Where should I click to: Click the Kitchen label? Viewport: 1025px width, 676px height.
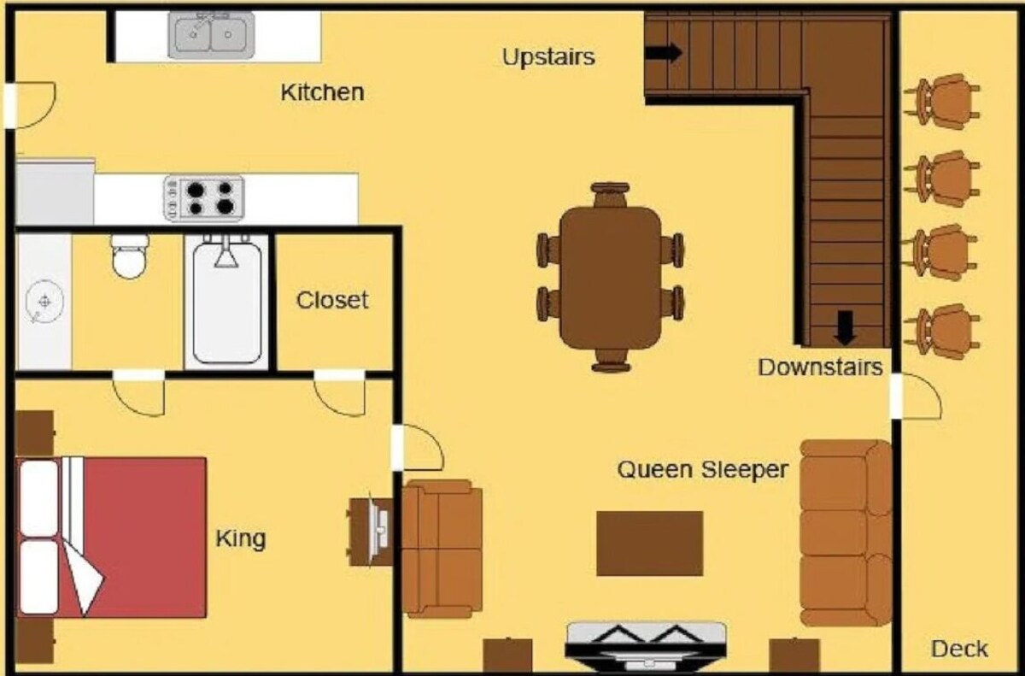pyautogui.click(x=323, y=92)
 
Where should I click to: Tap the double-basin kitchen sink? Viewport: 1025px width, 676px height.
pyautogui.click(x=212, y=35)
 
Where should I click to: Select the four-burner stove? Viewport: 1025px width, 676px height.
pyautogui.click(x=204, y=198)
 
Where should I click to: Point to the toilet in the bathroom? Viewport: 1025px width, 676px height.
pyautogui.click(x=130, y=256)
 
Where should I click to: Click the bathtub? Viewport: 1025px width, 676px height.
pyautogui.click(x=227, y=301)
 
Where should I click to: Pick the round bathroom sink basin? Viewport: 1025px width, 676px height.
pyautogui.click(x=44, y=302)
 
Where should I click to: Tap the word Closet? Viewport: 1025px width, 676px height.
pyautogui.click(x=332, y=300)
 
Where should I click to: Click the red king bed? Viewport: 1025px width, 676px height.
pyautogui.click(x=111, y=537)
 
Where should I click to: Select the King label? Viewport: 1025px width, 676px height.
pyautogui.click(x=241, y=538)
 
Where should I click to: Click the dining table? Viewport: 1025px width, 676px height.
pyautogui.click(x=611, y=278)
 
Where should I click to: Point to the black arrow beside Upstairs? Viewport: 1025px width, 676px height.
pyautogui.click(x=664, y=52)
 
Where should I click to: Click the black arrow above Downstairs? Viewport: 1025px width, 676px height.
pyautogui.click(x=845, y=327)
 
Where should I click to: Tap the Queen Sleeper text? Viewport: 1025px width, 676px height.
pyautogui.click(x=703, y=469)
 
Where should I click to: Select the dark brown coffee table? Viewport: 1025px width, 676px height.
pyautogui.click(x=650, y=544)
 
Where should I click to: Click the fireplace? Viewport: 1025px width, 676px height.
pyautogui.click(x=646, y=646)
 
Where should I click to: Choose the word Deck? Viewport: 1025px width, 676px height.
pyautogui.click(x=960, y=649)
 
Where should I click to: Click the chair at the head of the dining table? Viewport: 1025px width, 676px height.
pyautogui.click(x=610, y=195)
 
